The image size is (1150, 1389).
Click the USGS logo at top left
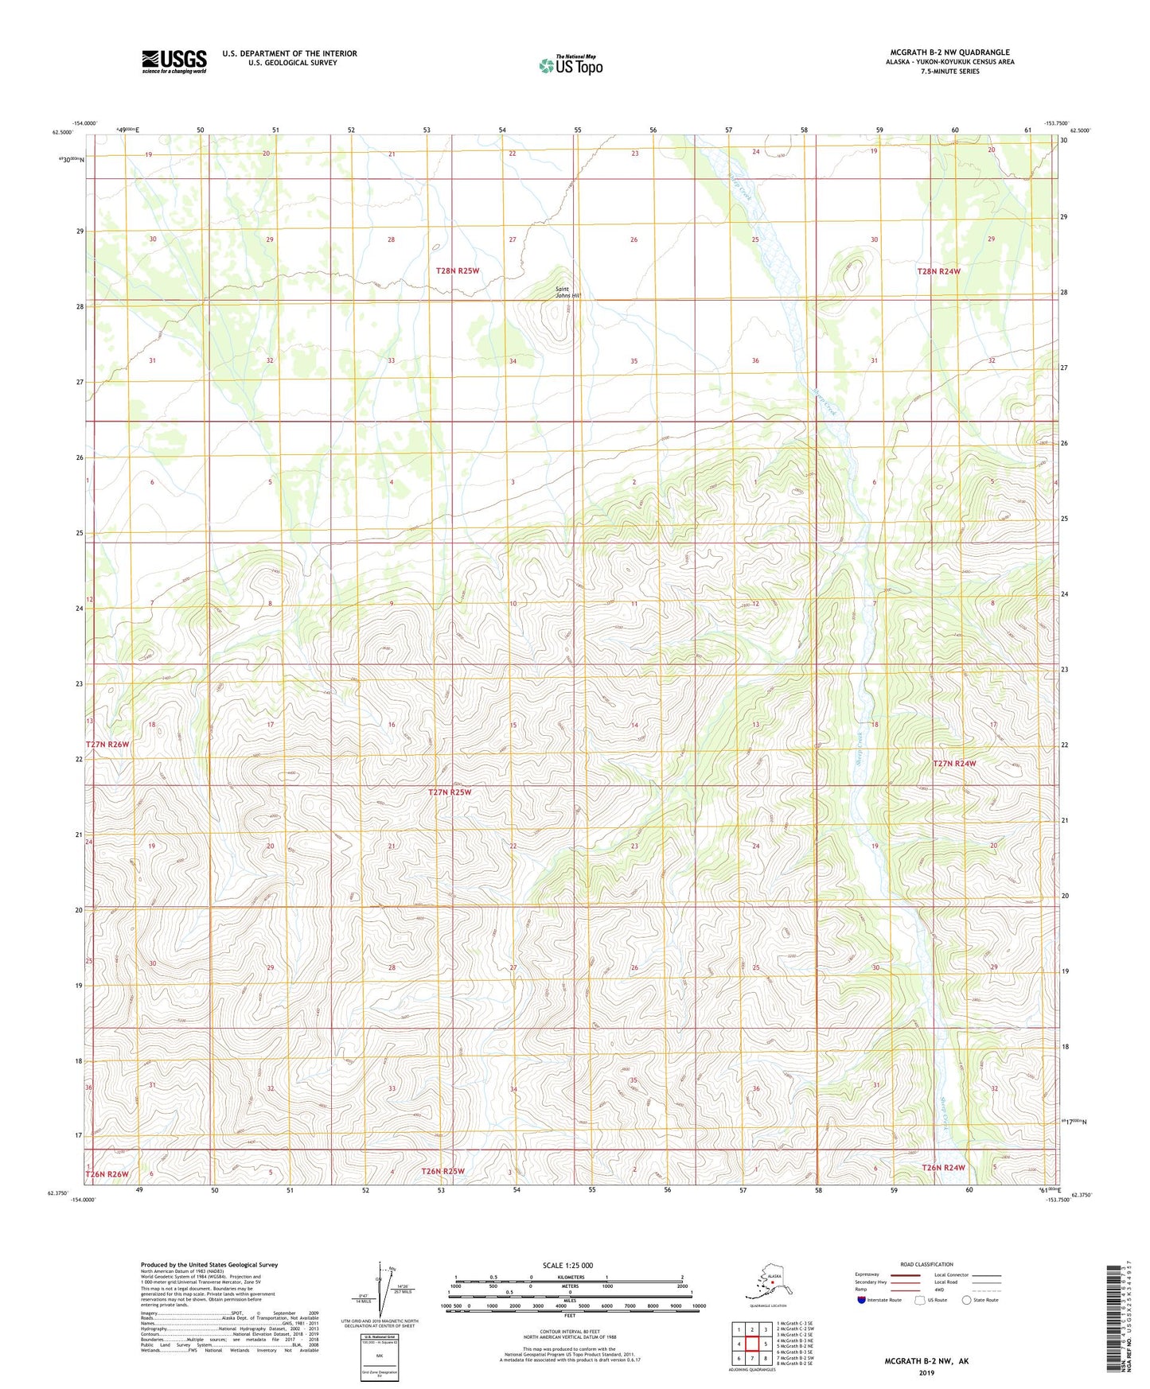click(173, 61)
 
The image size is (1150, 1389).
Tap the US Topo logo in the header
click(570, 64)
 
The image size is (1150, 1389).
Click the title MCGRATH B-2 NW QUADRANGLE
click(949, 53)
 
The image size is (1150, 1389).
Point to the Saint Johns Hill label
click(568, 292)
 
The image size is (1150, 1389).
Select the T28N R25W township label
click(457, 271)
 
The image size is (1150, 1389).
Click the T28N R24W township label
click(939, 271)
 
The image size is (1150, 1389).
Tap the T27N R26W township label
click(107, 744)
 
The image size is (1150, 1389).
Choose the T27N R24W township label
click(953, 763)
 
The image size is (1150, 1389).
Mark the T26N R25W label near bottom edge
click(442, 1171)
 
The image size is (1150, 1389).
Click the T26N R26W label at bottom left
click(107, 1174)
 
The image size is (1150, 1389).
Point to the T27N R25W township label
click(450, 792)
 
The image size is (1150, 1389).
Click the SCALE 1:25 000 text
click(567, 1266)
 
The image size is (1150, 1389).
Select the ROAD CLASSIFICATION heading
click(926, 1264)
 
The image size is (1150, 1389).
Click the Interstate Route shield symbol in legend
click(862, 1300)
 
